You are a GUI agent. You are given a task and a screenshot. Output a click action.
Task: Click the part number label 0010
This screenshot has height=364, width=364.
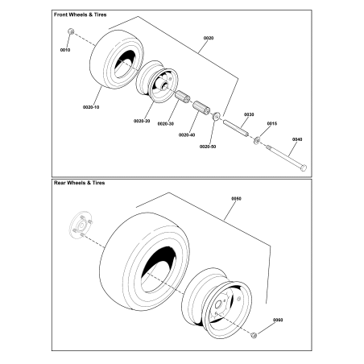click(66, 50)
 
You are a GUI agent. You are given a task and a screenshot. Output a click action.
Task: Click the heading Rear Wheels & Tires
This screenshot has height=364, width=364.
click(79, 184)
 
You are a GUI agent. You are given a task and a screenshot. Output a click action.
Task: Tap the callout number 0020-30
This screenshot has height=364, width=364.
click(166, 123)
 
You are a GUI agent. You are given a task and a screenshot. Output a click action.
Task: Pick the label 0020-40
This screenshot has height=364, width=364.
click(187, 134)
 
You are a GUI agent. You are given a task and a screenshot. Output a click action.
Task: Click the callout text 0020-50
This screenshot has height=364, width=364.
click(209, 147)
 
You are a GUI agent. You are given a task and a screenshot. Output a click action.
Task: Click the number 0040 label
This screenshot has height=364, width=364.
click(296, 139)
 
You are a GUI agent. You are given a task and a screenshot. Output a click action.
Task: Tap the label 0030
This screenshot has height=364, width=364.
click(249, 114)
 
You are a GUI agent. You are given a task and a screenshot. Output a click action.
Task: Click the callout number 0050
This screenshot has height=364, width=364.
click(236, 197)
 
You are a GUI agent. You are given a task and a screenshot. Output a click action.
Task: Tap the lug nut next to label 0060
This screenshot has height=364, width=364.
click(254, 334)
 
